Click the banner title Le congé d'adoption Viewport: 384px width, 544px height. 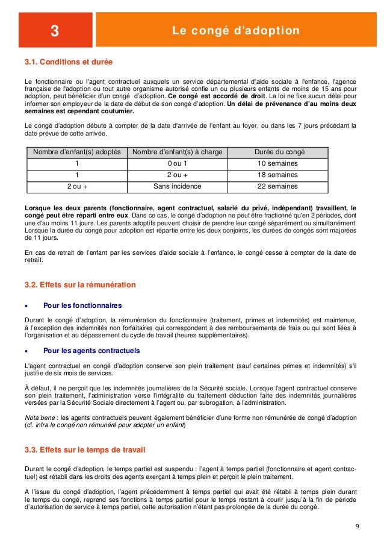tap(236, 31)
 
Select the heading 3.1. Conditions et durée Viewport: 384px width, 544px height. tap(68, 62)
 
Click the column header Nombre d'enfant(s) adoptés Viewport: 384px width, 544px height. tap(77, 152)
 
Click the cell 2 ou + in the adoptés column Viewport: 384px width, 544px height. tap(77, 186)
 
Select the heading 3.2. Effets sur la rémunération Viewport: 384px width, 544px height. tap(79, 284)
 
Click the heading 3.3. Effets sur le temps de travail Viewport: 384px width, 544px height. tap(84, 450)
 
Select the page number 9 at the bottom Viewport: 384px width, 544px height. tap(357, 528)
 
